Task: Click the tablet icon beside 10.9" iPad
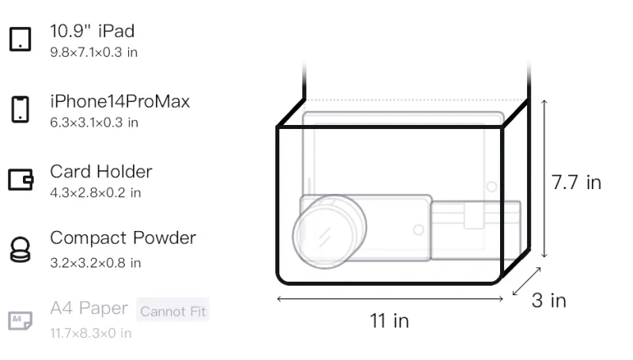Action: (x=21, y=39)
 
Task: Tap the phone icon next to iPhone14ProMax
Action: (x=21, y=109)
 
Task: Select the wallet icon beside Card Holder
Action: (x=21, y=179)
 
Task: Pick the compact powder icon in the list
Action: (x=21, y=250)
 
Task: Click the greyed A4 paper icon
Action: (x=21, y=320)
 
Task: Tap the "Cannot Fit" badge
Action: (x=172, y=311)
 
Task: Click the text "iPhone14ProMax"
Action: (x=120, y=101)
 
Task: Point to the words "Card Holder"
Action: (x=101, y=172)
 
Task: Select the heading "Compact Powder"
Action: (x=123, y=237)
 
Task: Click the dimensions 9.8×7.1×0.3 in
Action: (x=93, y=52)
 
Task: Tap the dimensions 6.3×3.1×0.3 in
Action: (x=94, y=123)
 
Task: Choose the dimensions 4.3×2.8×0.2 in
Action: (x=95, y=193)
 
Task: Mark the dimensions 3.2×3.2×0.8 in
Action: (x=95, y=263)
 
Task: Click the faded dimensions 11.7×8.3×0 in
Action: (x=91, y=333)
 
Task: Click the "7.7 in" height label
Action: (x=577, y=183)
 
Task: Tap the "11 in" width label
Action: (x=389, y=321)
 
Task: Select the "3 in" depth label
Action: (x=549, y=301)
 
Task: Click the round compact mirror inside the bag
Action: (x=329, y=232)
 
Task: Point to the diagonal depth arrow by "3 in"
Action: (x=526, y=282)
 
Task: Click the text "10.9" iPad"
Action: (x=93, y=31)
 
